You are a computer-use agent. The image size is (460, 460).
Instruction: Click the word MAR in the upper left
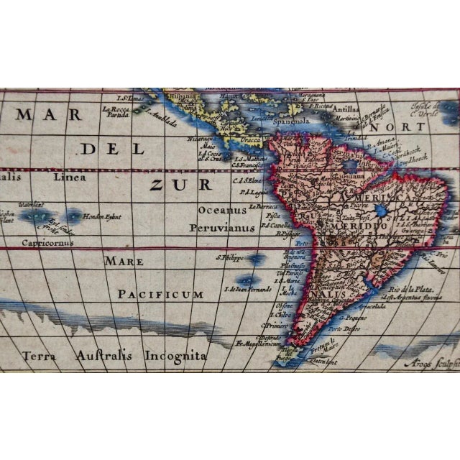[x=34, y=114]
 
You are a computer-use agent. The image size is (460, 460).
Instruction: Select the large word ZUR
[x=180, y=185]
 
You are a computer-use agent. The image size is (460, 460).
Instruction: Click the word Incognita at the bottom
[x=176, y=355]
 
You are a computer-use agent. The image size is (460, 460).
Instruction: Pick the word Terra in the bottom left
[x=40, y=355]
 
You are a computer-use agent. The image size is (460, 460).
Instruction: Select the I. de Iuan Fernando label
[x=248, y=289]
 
